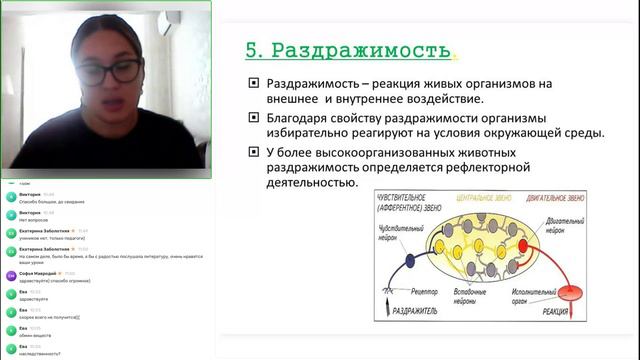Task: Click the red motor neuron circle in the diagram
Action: tap(521, 245)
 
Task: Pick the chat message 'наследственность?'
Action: tap(47, 353)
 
